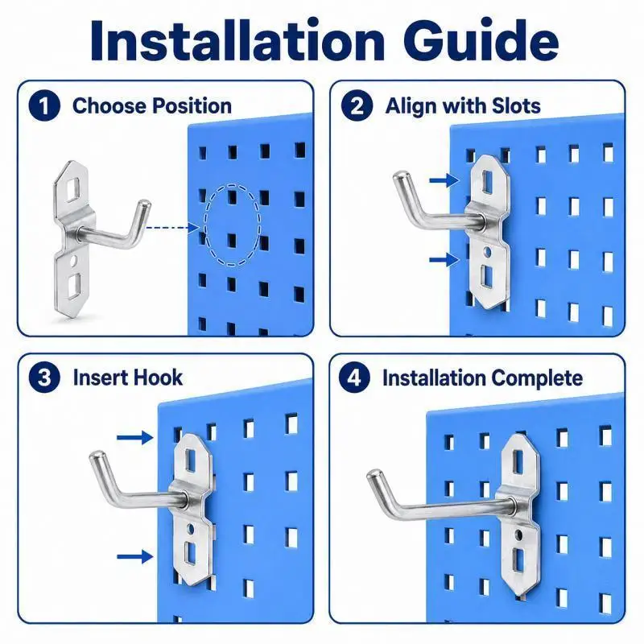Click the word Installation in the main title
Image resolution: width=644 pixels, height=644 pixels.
(237, 40)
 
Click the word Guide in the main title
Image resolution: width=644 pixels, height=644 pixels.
(481, 40)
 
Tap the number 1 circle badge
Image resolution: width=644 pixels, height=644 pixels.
(44, 105)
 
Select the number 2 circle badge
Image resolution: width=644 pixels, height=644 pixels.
(357, 105)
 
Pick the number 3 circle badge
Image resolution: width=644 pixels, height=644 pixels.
(44, 378)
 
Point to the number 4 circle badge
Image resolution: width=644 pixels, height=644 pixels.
(354, 378)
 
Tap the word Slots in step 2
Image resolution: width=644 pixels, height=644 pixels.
(516, 105)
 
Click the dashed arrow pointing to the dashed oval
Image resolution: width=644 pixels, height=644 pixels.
(172, 228)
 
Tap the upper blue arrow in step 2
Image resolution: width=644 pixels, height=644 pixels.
(444, 180)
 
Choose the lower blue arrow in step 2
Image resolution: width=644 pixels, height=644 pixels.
(444, 259)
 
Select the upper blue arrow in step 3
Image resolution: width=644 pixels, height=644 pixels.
(135, 437)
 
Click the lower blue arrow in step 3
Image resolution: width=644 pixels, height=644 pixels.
(135, 557)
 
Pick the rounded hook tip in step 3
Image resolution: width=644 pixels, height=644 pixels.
(97, 457)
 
